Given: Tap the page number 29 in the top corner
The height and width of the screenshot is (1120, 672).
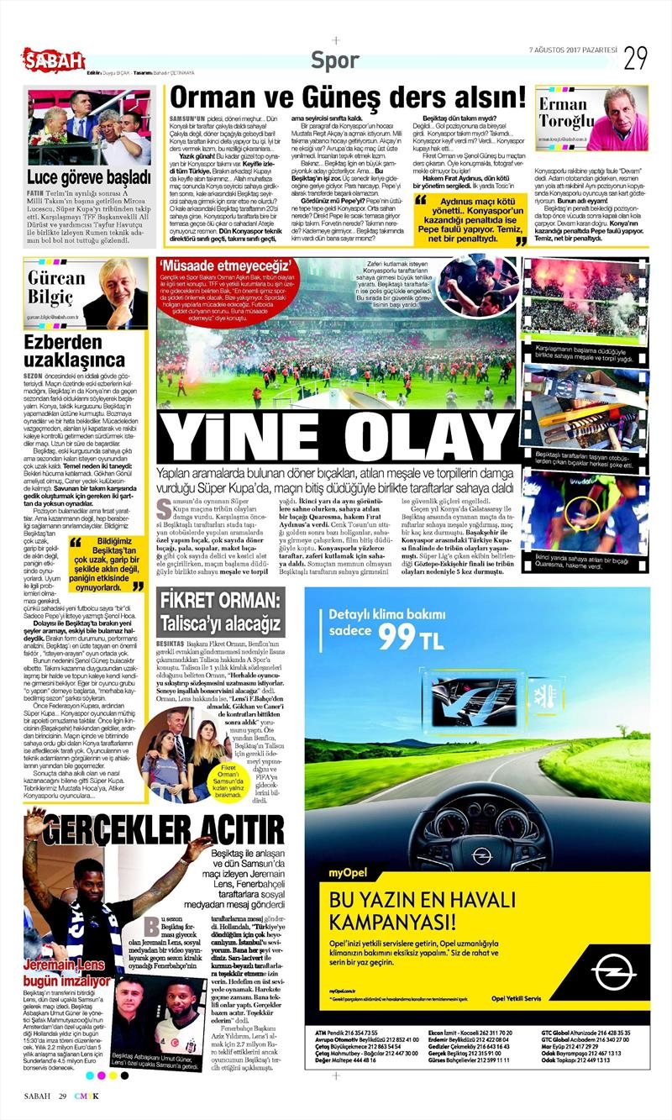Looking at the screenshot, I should point(634,59).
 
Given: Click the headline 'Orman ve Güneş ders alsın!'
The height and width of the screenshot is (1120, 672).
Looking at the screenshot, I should point(345,97).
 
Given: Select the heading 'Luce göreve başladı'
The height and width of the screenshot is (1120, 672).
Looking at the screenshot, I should point(88,177).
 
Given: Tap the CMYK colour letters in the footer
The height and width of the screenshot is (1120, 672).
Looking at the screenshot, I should point(91,1096).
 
